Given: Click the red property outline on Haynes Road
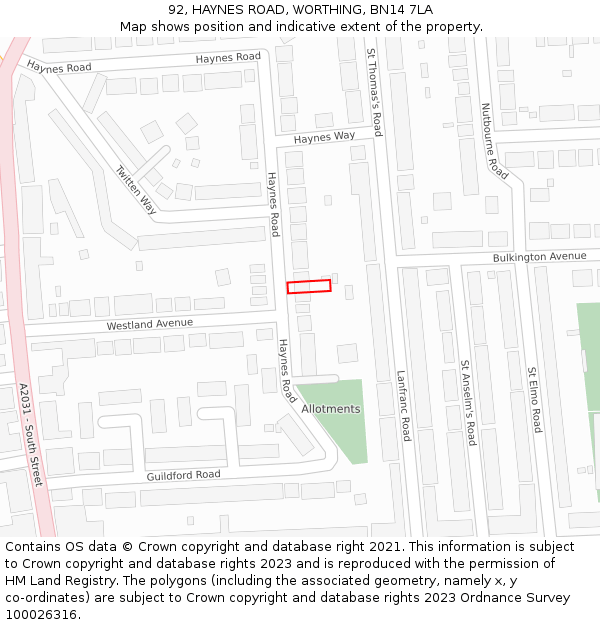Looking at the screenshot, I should coord(309,287).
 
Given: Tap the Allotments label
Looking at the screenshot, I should coord(331,409).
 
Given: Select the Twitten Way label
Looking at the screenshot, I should coord(136,189).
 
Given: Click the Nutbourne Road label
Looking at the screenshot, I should coord(494,141).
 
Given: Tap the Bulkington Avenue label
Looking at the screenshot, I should coord(539,257).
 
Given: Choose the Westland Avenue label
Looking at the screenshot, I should coord(149,324).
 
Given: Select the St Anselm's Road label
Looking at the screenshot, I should coord(467,403).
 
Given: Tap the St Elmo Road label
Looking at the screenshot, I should coord(535,399).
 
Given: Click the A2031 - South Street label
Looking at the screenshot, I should coord(30,434).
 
